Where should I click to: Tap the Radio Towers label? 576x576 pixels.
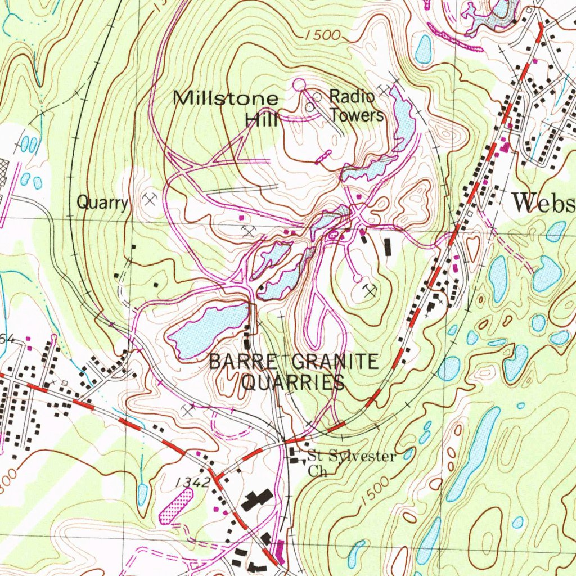pyautogui.click(x=355, y=105)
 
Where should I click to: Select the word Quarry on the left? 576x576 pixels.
pyautogui.click(x=102, y=202)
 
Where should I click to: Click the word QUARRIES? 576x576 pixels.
pyautogui.click(x=292, y=384)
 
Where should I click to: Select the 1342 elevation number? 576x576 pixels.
pyautogui.click(x=192, y=482)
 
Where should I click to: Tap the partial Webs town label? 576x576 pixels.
pyautogui.click(x=543, y=202)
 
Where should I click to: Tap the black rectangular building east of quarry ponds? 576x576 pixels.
pyautogui.click(x=388, y=246)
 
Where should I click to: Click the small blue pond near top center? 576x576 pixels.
pyautogui.click(x=424, y=49)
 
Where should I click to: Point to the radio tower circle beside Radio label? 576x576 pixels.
pyautogui.click(x=317, y=97)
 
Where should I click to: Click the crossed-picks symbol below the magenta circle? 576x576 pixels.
pyautogui.click(x=370, y=290)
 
